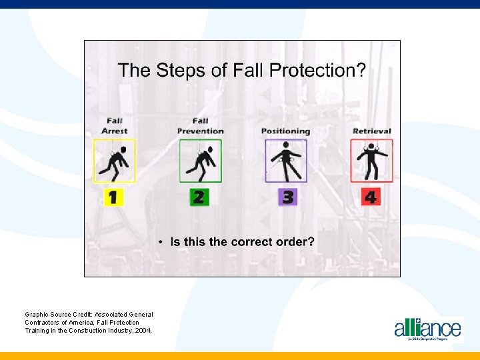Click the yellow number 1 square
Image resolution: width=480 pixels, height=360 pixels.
point(113,197)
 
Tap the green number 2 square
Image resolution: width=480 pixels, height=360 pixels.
point(199,197)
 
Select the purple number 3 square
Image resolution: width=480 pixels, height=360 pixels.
point(287,197)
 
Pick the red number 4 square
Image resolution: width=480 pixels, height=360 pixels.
point(371,197)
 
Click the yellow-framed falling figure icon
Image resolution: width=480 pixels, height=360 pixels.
point(114,161)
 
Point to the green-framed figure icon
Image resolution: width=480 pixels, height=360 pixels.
point(200,161)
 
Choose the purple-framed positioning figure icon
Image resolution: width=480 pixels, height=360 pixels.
point(285,161)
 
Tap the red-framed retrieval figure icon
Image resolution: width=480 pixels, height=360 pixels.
point(371,161)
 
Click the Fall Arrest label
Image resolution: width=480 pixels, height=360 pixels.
point(114,126)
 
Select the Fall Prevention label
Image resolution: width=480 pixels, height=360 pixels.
point(200,126)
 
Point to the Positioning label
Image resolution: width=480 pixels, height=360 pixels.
point(285,131)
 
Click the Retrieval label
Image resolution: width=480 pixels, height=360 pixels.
point(371,131)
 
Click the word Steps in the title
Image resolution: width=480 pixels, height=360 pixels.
point(178,71)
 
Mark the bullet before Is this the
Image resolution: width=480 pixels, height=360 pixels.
point(161,242)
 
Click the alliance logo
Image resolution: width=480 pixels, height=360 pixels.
point(427,328)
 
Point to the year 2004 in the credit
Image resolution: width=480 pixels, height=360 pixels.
point(143,330)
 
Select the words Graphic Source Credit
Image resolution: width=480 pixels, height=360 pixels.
point(59,314)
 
